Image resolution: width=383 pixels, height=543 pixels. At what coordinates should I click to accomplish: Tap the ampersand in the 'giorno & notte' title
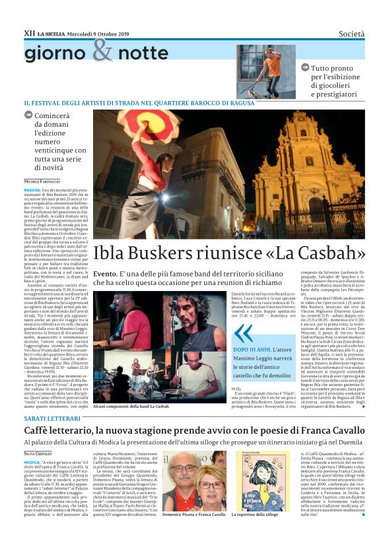coord(102,51)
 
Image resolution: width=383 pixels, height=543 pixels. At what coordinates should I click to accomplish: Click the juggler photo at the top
coord(266,71)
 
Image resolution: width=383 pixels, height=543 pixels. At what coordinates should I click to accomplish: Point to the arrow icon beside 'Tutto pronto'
coord(305,68)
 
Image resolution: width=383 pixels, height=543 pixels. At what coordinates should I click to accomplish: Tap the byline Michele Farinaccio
coord(42,181)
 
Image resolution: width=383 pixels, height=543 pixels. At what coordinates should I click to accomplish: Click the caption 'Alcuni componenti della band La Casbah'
coord(131,406)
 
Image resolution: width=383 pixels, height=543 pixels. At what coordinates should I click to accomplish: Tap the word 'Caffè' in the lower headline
coord(40,431)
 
